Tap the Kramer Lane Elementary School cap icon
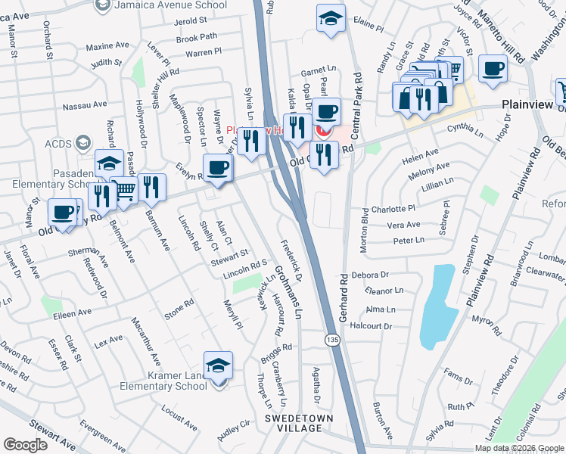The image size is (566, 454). point(218,365)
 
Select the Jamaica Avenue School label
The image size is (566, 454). point(171,5)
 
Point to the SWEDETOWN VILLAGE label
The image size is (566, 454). point(298,423)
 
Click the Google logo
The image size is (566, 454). point(25,445)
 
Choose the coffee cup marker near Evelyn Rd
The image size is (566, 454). point(218,167)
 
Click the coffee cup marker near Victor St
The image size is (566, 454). point(493,69)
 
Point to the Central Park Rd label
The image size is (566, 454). point(356,99)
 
